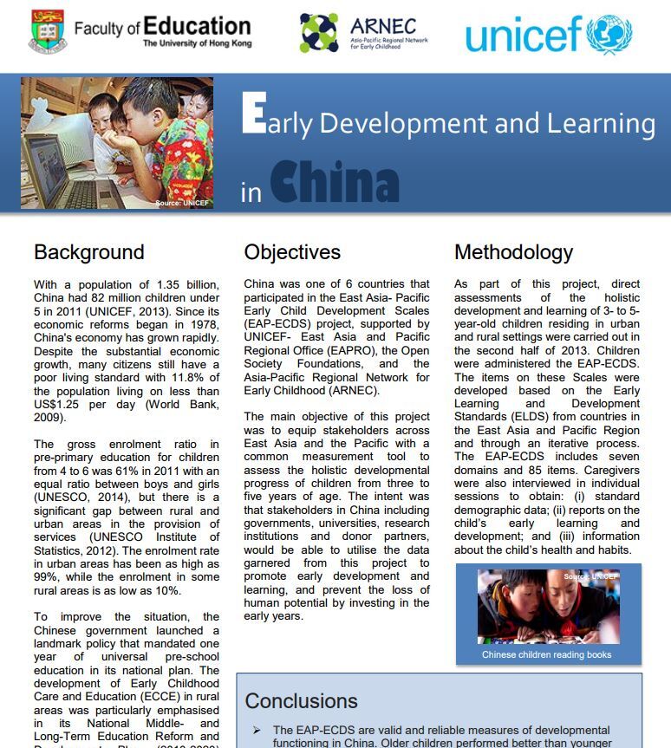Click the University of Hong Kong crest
point(47,32)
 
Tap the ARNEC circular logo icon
point(319,33)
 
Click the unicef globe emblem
point(609,35)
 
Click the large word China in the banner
point(334,183)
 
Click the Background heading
point(88,252)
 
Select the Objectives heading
point(292,252)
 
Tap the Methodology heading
point(513,252)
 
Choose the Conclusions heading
point(301,700)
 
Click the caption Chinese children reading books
point(546,654)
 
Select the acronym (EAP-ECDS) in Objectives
point(276,323)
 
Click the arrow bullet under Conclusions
point(256,731)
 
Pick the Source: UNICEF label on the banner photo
point(182,203)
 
